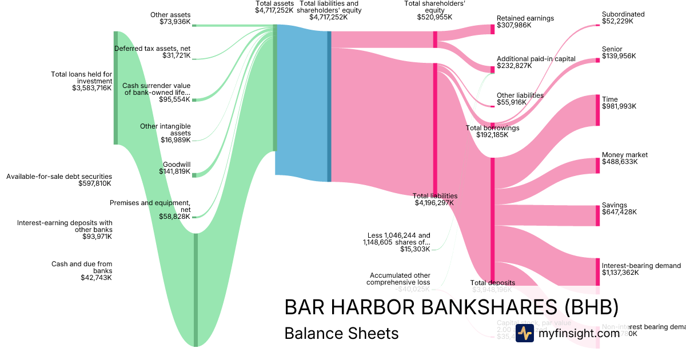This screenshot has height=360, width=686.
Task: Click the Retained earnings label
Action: [525, 22]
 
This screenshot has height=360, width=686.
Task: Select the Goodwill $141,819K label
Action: [176, 168]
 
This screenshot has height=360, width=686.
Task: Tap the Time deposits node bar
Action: [598, 110]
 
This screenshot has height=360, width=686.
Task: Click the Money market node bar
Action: [598, 165]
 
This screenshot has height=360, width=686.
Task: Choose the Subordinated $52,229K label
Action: [623, 18]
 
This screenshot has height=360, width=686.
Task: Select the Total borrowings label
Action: [492, 131]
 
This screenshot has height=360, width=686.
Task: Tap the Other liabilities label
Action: [520, 99]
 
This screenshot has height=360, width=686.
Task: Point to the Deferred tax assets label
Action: [152, 52]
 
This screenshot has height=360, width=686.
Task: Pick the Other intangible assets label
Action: [165, 133]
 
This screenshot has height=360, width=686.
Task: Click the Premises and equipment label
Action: [150, 209]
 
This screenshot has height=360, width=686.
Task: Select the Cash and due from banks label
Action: [82, 271]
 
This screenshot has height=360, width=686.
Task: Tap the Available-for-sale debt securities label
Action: [59, 180]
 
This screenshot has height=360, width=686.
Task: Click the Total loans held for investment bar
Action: [116, 87]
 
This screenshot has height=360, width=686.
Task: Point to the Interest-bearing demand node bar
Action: [598, 272]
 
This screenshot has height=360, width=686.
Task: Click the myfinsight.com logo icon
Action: [525, 333]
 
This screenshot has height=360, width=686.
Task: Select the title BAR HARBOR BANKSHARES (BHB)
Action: [451, 307]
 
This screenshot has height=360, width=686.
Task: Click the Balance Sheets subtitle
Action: [341, 333]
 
